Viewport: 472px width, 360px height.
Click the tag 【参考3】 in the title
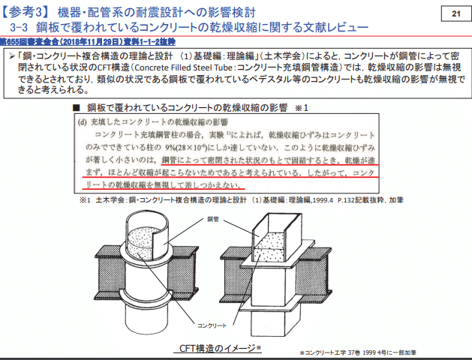click(x=29, y=13)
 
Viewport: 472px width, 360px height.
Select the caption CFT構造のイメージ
click(x=220, y=348)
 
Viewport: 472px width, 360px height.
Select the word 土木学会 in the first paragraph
click(x=287, y=55)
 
